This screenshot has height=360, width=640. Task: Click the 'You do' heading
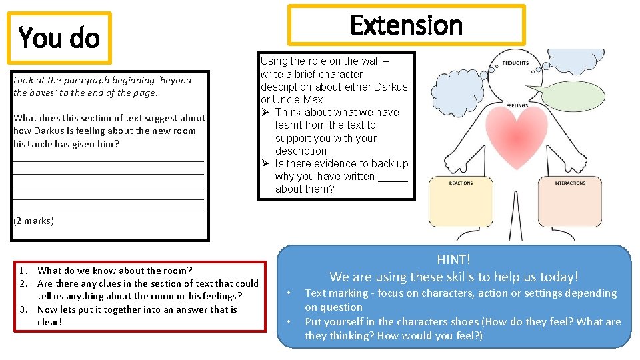coord(59,38)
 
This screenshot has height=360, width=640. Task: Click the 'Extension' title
coord(406,25)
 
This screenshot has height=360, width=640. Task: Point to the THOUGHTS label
coord(515,63)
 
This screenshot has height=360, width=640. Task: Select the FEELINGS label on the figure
coord(517,105)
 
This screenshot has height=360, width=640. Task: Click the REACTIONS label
coord(461,183)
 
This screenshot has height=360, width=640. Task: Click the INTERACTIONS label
coord(569,183)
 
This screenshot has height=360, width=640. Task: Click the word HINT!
coord(453,259)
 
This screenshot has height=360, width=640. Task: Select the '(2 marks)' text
coord(33,221)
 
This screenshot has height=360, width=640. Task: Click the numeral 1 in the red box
coord(23,271)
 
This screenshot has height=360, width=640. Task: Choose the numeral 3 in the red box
coord(23,309)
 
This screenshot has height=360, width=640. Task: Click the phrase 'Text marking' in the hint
coord(336,293)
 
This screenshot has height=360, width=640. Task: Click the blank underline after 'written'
coord(393,177)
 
